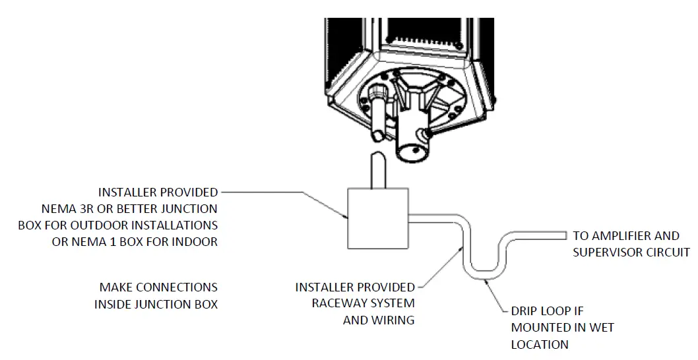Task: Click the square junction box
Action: click(x=377, y=218)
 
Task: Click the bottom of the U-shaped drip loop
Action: click(x=484, y=271)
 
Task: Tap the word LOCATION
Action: click(x=540, y=344)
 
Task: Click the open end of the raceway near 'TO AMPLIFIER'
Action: click(x=565, y=235)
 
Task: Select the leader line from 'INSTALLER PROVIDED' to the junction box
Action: click(x=284, y=193)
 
